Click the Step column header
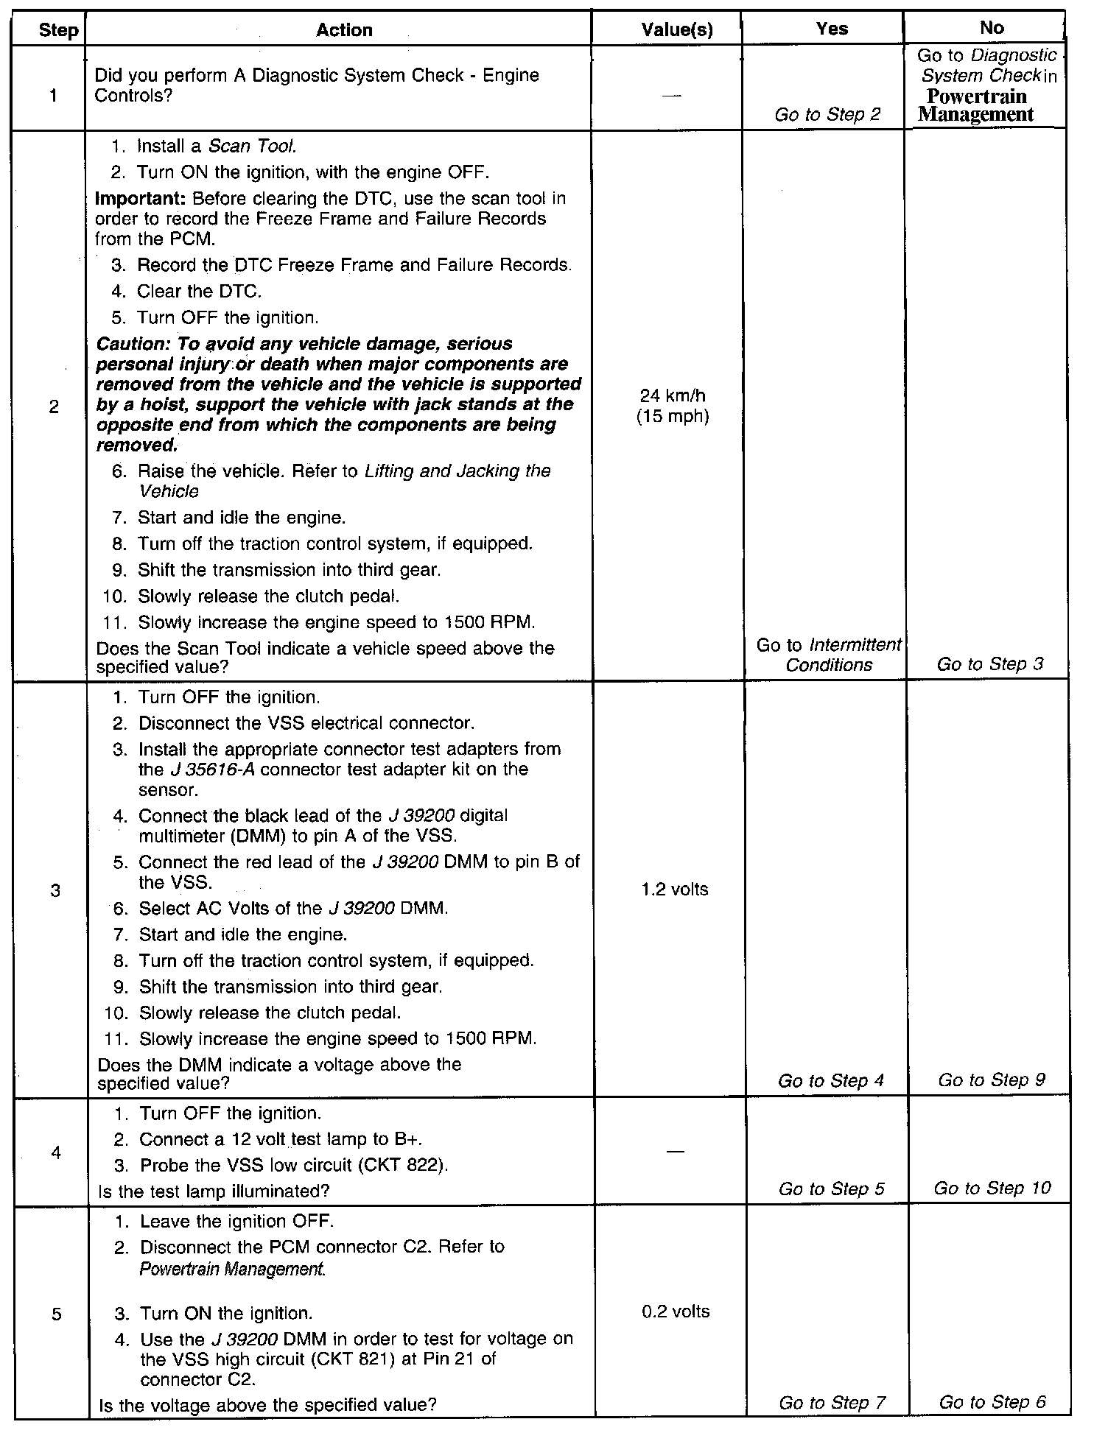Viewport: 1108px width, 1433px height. (58, 31)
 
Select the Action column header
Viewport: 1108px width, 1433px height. (344, 30)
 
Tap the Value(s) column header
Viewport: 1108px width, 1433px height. (676, 30)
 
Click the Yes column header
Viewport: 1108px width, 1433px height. (832, 29)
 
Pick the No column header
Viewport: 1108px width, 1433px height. (992, 28)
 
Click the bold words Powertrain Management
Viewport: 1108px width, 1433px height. (976, 105)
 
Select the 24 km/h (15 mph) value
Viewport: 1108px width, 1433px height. (673, 406)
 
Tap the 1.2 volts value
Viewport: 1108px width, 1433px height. (675, 889)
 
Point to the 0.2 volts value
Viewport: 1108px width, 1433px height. (676, 1311)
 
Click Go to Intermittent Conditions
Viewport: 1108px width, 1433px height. (829, 655)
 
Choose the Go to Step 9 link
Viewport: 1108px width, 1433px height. (992, 1080)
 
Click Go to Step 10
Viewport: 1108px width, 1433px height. (992, 1188)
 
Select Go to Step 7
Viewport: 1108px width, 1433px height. (832, 1403)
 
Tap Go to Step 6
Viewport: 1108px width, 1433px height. (992, 1402)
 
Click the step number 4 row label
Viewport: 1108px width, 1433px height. (57, 1152)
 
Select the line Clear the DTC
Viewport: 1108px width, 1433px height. (198, 292)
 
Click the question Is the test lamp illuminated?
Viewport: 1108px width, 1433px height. (214, 1191)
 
